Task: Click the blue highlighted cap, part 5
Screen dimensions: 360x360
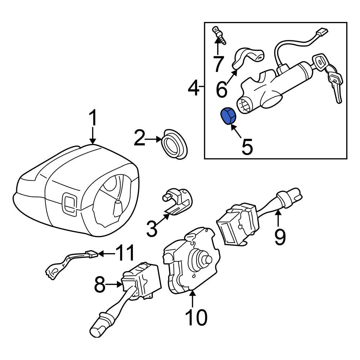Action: point(227,116)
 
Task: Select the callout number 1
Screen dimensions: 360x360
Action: point(93,119)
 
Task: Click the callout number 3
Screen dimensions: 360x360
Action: point(152,229)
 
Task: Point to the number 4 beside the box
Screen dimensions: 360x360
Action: point(194,88)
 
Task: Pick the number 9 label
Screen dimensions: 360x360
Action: point(280,237)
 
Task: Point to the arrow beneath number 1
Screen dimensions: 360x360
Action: point(93,137)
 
